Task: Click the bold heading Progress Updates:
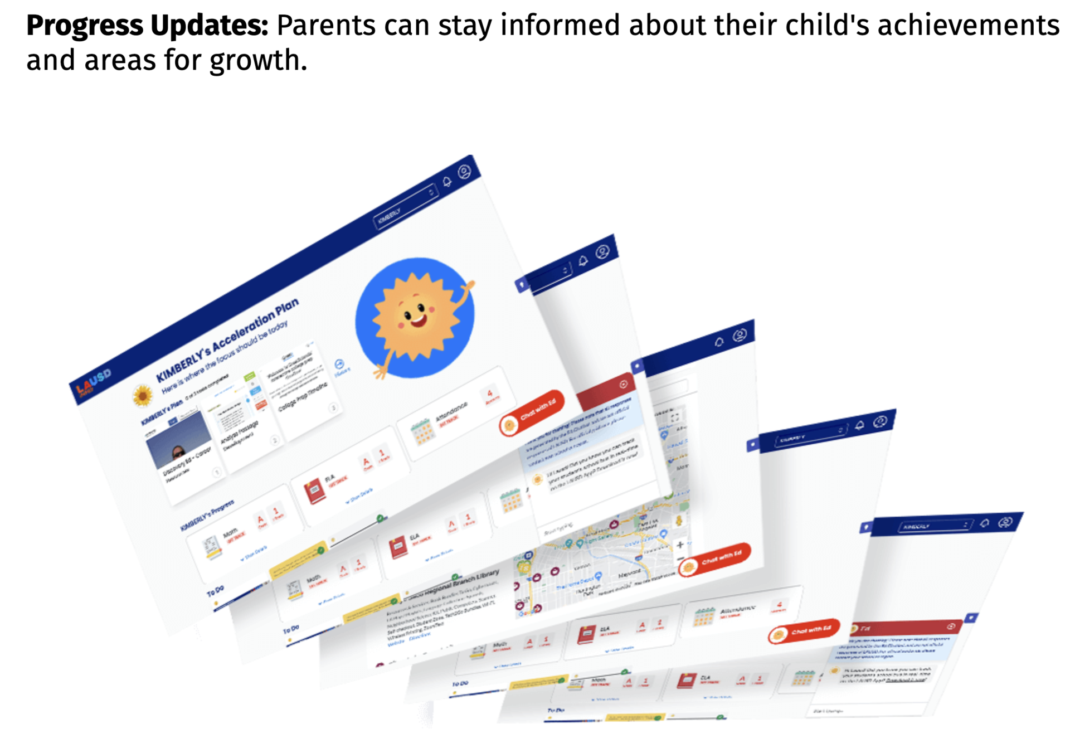click(147, 26)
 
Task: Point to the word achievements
click(969, 26)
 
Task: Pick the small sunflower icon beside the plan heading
click(143, 395)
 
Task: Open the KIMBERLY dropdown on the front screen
click(405, 206)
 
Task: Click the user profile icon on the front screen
click(464, 172)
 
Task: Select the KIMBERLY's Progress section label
click(207, 516)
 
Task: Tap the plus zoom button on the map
click(680, 545)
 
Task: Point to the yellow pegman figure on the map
click(679, 521)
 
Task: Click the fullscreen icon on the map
click(675, 417)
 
